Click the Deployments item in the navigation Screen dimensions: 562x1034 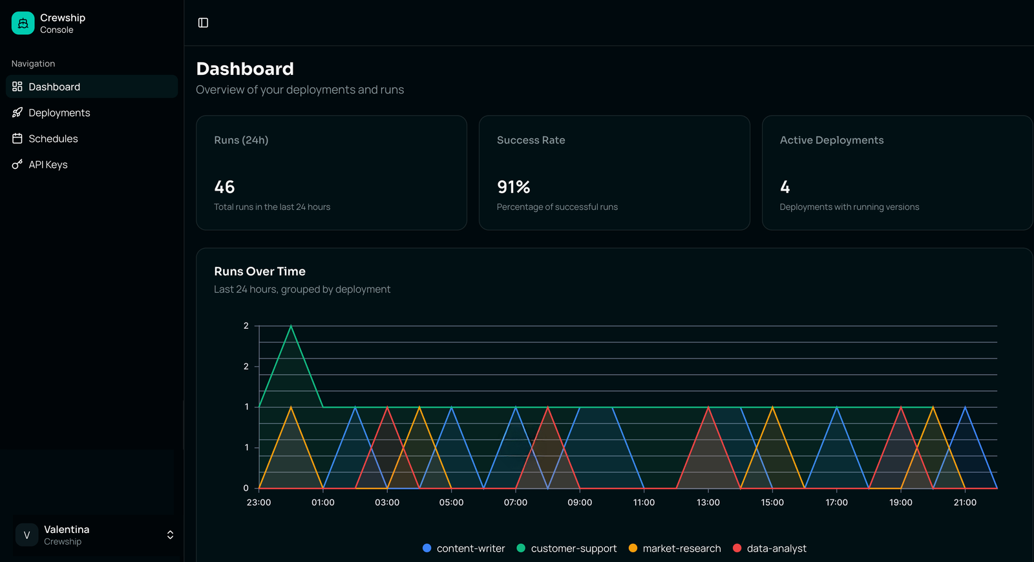(x=59, y=113)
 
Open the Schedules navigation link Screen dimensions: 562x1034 (x=53, y=139)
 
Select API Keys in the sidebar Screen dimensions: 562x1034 (x=48, y=165)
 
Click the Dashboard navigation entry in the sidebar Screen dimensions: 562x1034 (x=54, y=87)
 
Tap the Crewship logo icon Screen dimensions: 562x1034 (x=23, y=23)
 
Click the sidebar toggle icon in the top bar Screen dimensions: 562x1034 (x=203, y=23)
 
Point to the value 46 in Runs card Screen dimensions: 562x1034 (x=224, y=187)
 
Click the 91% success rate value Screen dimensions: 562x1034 (x=513, y=187)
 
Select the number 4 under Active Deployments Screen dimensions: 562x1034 (x=785, y=187)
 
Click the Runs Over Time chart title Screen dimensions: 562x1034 (x=260, y=271)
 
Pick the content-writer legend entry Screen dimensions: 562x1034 (x=463, y=548)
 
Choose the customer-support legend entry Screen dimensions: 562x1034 (x=567, y=548)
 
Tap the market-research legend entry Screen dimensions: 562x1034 (x=675, y=548)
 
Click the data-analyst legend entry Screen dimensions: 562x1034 (x=770, y=548)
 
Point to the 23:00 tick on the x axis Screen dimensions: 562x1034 (x=258, y=503)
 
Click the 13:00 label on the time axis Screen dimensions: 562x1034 (x=708, y=503)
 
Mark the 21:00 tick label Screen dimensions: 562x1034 (x=965, y=503)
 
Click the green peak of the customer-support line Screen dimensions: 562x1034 (x=291, y=326)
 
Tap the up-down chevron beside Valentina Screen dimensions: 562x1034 (x=170, y=535)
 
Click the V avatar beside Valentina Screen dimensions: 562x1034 (x=26, y=535)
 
